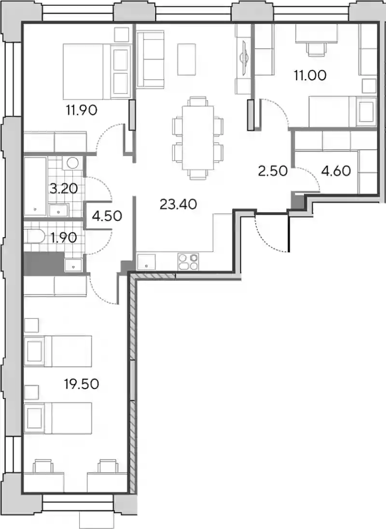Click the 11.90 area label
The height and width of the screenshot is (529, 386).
82,110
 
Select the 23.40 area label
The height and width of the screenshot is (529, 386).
178,204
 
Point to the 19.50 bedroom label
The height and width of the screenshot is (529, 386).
82,384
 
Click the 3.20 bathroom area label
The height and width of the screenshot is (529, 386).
64,188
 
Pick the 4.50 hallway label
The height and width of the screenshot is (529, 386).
107,216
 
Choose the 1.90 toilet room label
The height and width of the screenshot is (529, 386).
65,238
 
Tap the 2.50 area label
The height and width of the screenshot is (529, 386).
273,171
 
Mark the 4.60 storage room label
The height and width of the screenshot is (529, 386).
336,171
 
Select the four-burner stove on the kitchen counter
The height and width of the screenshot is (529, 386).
188,262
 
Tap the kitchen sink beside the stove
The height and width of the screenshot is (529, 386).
146,262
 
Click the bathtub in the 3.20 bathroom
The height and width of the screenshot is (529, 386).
36,186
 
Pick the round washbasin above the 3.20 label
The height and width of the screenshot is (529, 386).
72,163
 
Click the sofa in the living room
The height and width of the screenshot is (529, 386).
150,60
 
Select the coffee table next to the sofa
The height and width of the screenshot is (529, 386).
187,59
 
